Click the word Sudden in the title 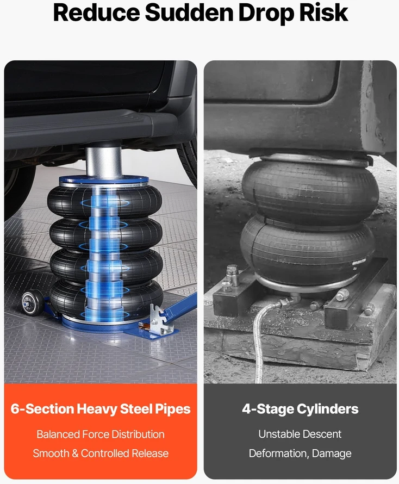point(189,13)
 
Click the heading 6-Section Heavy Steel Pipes point(101,409)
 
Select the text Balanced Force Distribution point(101,434)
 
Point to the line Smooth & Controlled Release point(101,453)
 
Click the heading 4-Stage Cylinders point(300,409)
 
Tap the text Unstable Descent point(300,434)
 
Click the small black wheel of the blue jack point(33,302)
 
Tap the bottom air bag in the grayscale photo point(308,247)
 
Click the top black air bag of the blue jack point(104,202)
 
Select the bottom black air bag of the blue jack point(107,298)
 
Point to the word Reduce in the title point(96,13)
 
